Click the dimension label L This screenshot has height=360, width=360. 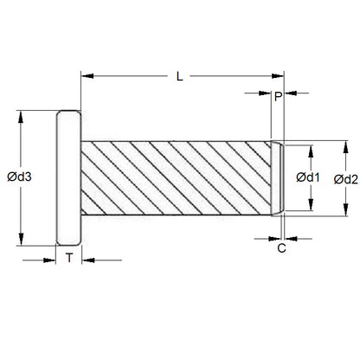pyautogui.click(x=179, y=77)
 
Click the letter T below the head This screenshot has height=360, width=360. pyautogui.click(x=69, y=258)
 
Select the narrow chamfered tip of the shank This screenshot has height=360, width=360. pyautogui.click(x=280, y=178)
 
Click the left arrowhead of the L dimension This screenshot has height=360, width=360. pyautogui.click(x=86, y=77)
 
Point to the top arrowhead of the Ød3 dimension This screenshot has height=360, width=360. pyautogui.click(x=20, y=115)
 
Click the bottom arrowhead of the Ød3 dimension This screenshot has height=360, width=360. pyautogui.click(x=20, y=241)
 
